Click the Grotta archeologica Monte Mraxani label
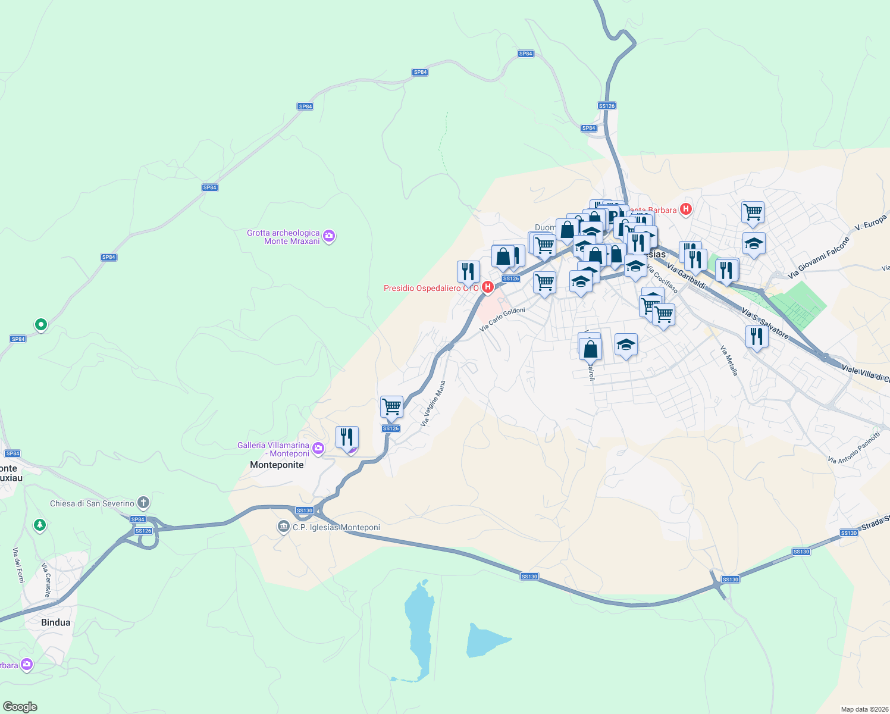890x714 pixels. point(283,237)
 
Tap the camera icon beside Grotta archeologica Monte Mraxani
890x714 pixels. point(329,237)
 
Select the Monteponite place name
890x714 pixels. point(277,465)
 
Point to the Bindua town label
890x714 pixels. point(56,622)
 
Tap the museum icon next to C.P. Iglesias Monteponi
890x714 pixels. point(283,527)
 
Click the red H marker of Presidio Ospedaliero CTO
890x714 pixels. point(488,288)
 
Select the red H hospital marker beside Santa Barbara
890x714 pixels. point(686,209)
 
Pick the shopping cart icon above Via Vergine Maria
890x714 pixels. point(391,408)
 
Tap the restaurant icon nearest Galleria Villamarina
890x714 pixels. point(347,437)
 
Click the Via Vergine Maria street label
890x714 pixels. point(433,403)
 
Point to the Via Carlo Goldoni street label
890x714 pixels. point(503,320)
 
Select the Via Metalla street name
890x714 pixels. point(729,361)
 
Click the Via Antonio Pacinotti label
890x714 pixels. point(854,448)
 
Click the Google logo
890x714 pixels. point(20,707)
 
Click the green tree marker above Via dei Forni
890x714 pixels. point(40,525)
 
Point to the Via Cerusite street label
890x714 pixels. point(46,580)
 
